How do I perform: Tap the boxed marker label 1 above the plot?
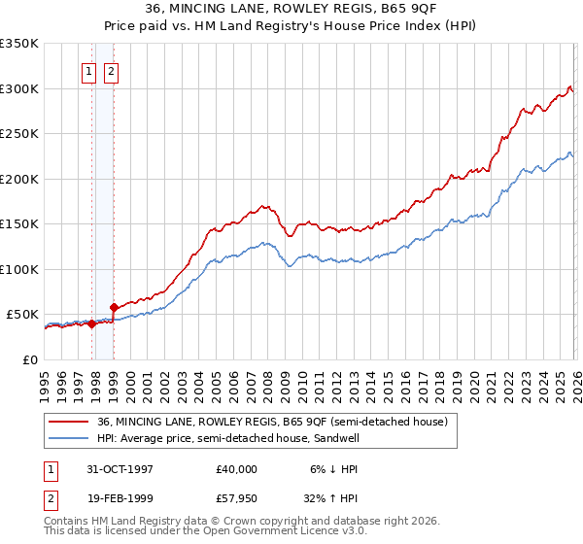click(x=88, y=71)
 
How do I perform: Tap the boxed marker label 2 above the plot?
click(x=110, y=71)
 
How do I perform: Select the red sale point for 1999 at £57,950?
click(x=114, y=308)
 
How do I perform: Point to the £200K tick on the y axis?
click(x=18, y=179)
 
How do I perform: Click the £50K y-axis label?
click(x=22, y=315)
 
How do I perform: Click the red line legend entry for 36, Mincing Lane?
click(x=272, y=422)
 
